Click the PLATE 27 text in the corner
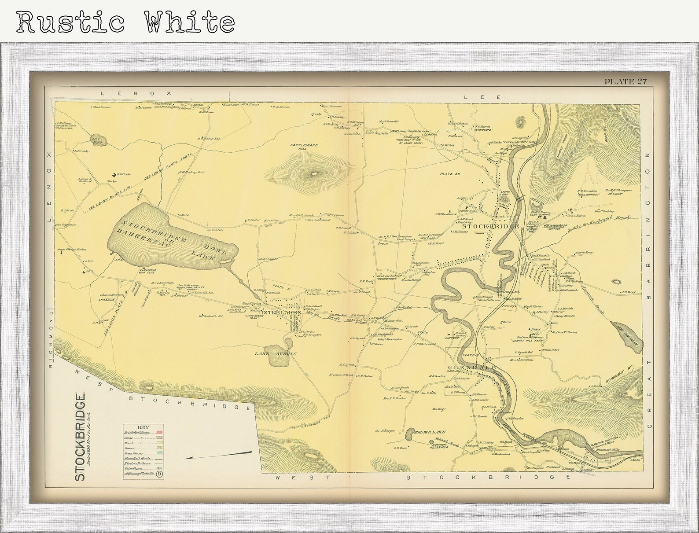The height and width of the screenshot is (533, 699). coord(625,81)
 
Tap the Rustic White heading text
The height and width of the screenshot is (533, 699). coord(125,21)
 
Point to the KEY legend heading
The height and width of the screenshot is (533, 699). coord(143,427)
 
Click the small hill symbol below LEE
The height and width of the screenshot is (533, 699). coord(522,120)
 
